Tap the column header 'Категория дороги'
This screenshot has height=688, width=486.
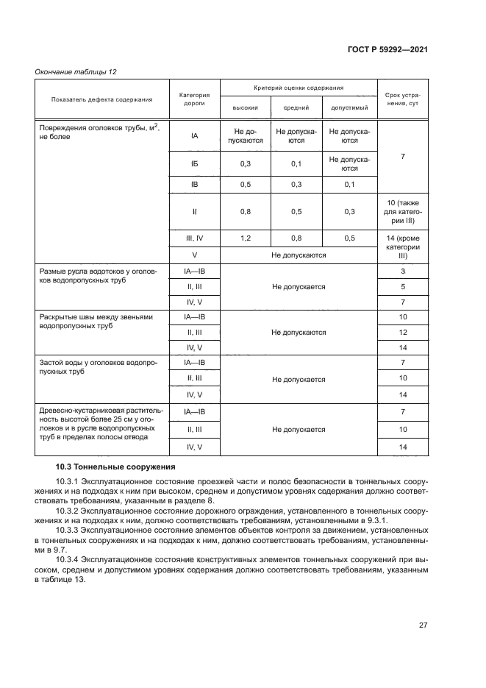click(x=195, y=99)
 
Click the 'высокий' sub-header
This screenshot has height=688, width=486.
click(x=245, y=107)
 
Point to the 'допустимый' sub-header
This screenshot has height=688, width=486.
click(x=349, y=107)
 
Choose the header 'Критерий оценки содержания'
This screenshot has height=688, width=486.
click(x=298, y=88)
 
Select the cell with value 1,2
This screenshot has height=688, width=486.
click(x=246, y=238)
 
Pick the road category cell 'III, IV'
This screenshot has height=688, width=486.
click(x=195, y=238)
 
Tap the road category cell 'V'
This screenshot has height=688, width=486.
click(x=195, y=255)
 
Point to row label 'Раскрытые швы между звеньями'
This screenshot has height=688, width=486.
click(x=96, y=321)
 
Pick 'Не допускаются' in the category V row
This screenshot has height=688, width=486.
click(x=298, y=255)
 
